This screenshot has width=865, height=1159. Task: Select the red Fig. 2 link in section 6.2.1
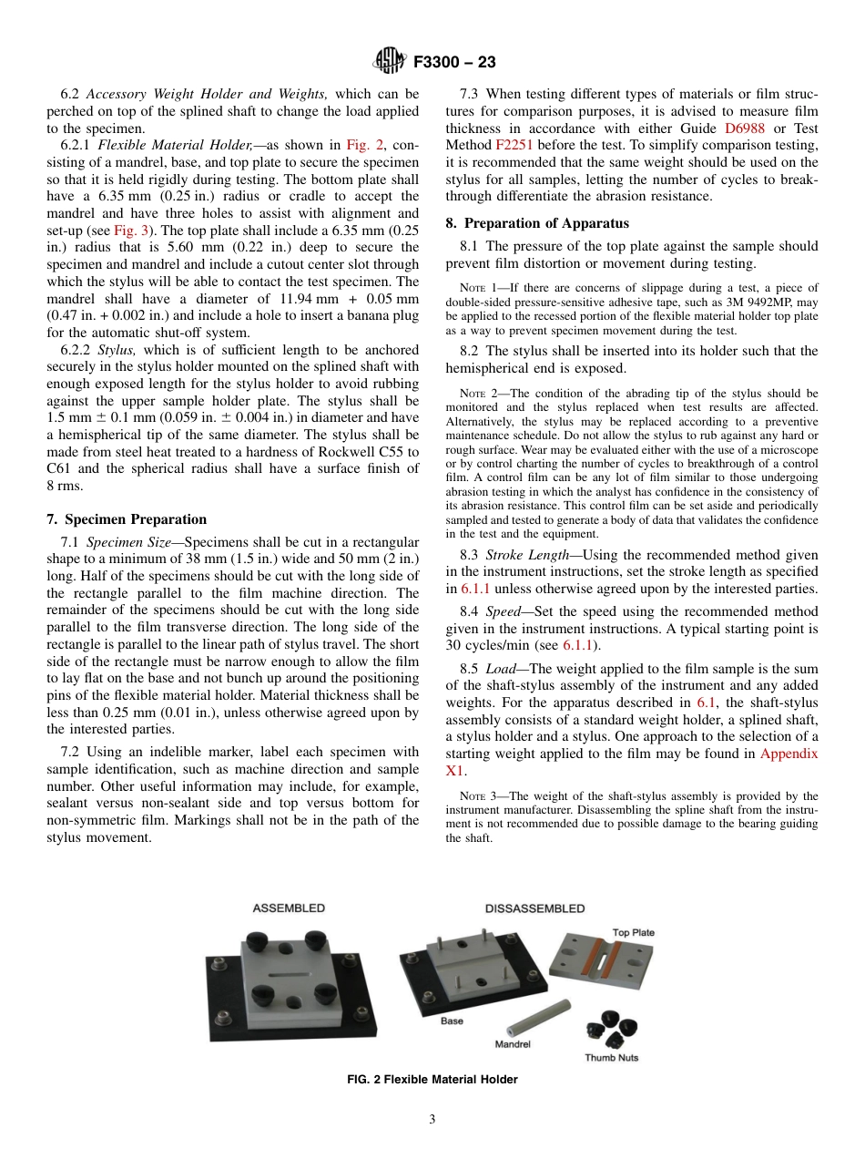click(357, 145)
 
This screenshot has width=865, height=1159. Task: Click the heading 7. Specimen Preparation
click(127, 519)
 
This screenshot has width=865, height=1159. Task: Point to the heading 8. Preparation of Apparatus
click(537, 222)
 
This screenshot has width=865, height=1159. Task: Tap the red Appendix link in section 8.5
click(789, 754)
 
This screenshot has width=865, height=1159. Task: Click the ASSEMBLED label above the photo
click(288, 908)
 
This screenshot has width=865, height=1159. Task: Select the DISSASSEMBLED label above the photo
click(534, 908)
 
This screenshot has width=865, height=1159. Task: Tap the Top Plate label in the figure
click(633, 932)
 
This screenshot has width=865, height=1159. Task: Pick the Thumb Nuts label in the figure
click(611, 1058)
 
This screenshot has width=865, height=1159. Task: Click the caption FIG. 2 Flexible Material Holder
click(432, 1080)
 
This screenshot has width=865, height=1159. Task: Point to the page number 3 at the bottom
click(432, 1120)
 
